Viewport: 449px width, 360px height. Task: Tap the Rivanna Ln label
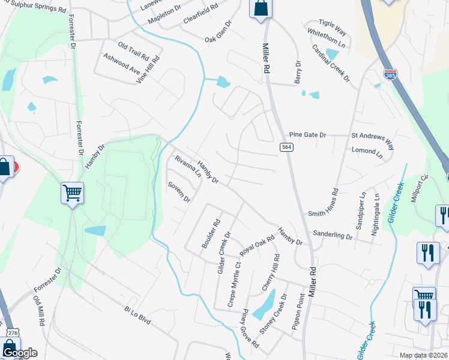(188, 167)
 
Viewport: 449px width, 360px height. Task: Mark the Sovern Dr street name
(179, 191)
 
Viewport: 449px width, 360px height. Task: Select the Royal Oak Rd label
(257, 245)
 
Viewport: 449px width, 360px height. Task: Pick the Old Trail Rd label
(133, 50)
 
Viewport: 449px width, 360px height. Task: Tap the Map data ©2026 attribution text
(423, 355)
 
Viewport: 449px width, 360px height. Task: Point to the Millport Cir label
(420, 188)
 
